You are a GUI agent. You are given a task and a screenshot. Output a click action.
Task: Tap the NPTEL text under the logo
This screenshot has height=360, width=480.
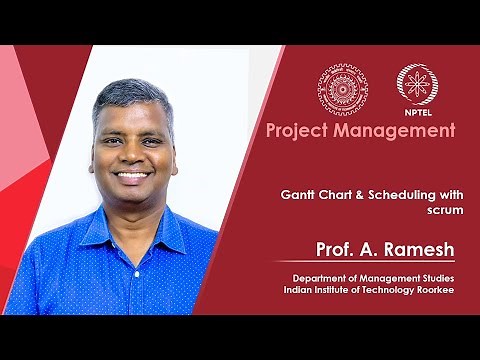pos(416,114)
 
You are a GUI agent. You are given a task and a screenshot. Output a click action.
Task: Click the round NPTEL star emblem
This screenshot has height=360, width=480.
pos(416,85)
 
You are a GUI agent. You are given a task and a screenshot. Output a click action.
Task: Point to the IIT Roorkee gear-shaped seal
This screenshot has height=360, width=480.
pos(343,88)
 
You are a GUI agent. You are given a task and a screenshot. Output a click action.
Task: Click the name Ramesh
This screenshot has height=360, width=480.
pos(419,248)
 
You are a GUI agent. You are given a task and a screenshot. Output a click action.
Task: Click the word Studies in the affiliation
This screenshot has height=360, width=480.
pos(433,276)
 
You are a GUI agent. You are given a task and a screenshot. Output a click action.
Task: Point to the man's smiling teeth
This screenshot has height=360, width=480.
pos(133,175)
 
